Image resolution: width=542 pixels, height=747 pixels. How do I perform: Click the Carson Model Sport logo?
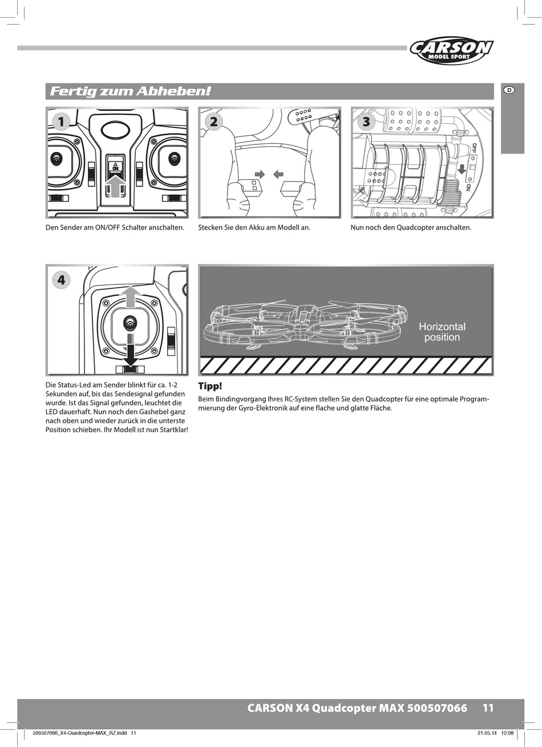[x=451, y=51]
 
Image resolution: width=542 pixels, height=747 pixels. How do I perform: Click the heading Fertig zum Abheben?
[x=131, y=91]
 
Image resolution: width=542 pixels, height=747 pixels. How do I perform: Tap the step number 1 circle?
[x=61, y=121]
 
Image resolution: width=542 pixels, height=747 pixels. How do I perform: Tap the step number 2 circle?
[x=213, y=121]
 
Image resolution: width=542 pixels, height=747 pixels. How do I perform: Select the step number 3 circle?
[x=366, y=121]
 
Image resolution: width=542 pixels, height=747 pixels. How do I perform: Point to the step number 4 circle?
[x=61, y=279]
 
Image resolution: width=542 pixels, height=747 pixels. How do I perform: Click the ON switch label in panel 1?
[x=115, y=167]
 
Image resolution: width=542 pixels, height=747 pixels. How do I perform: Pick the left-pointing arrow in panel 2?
[x=278, y=173]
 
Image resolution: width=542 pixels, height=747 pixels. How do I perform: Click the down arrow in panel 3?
[x=462, y=168]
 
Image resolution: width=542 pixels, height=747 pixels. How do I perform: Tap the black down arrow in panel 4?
[x=131, y=354]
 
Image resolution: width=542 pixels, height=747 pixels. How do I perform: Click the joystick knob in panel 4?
[x=131, y=325]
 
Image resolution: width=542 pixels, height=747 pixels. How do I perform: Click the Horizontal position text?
[x=442, y=332]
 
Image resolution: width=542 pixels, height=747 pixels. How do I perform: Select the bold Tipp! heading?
[x=209, y=386]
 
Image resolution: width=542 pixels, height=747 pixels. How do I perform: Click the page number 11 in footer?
[x=488, y=708]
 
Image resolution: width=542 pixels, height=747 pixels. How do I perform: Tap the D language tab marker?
[x=509, y=90]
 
